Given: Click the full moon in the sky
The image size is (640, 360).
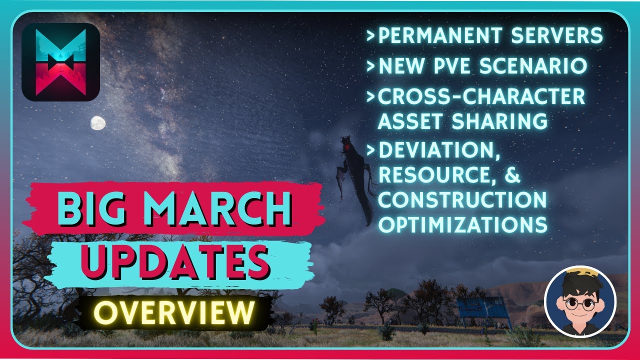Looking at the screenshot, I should click(x=98, y=123).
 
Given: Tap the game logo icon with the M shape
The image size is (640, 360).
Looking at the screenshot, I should click(x=60, y=62).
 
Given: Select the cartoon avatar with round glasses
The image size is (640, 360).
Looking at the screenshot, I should click(x=580, y=302).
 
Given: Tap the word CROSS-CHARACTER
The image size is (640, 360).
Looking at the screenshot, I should click(x=481, y=96).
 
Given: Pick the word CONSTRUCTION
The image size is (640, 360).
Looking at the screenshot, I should click(x=462, y=200).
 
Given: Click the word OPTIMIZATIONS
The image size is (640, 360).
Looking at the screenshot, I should click(x=462, y=225).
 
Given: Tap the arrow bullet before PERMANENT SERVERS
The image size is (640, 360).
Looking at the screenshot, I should click(x=370, y=36).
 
